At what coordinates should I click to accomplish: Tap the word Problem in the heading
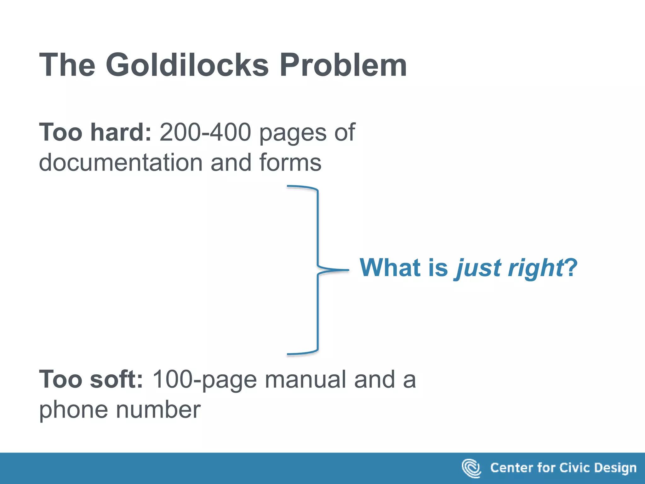click(343, 65)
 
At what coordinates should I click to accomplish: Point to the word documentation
click(121, 163)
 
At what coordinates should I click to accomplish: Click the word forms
click(290, 163)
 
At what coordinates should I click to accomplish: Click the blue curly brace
click(318, 270)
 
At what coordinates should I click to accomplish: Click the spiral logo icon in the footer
click(471, 468)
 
